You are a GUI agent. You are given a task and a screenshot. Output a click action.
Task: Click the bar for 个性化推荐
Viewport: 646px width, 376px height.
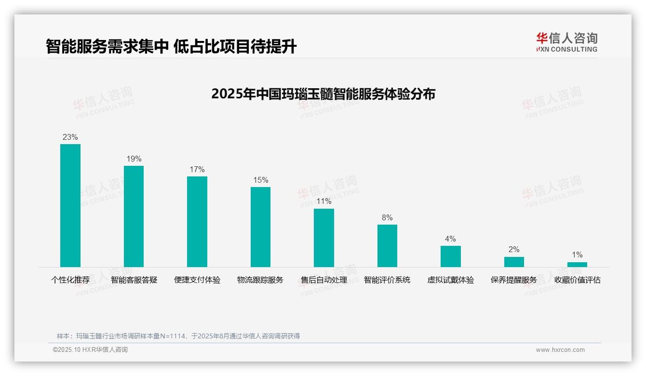(70, 205)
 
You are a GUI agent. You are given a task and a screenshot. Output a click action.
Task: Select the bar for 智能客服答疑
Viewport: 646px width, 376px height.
(134, 216)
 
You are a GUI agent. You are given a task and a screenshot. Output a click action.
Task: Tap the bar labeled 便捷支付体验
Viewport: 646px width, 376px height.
(197, 221)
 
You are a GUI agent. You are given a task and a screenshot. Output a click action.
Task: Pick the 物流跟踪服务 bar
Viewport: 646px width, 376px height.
(260, 227)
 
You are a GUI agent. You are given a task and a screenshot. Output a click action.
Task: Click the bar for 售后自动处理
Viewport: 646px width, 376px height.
(324, 238)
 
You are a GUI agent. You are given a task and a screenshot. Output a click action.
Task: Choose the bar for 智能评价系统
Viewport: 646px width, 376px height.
(387, 245)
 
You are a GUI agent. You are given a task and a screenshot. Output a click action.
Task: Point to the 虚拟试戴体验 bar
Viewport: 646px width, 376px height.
(451, 256)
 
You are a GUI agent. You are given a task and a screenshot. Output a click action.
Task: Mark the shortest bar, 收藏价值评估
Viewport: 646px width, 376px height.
(577, 264)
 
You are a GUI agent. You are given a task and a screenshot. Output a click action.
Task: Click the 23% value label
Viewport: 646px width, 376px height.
(70, 137)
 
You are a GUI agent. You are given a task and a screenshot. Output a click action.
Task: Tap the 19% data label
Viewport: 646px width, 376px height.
(134, 159)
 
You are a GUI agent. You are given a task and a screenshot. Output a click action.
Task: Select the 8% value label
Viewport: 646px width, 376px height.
(387, 217)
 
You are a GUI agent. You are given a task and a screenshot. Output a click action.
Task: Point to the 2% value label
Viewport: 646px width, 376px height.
(514, 249)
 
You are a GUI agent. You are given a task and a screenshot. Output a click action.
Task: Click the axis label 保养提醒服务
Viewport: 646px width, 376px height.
(514, 280)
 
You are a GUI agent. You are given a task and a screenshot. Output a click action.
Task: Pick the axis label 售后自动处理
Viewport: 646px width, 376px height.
(324, 280)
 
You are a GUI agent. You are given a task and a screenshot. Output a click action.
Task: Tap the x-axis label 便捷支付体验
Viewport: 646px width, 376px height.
(197, 280)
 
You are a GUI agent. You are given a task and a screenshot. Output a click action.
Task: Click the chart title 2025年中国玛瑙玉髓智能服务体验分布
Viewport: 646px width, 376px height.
(323, 94)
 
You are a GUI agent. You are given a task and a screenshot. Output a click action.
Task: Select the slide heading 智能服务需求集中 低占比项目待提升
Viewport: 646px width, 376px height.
(171, 46)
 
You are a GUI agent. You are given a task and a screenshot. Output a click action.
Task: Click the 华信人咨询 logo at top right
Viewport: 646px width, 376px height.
(566, 42)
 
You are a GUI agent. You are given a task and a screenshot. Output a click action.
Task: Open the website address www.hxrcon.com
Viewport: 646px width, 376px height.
(560, 350)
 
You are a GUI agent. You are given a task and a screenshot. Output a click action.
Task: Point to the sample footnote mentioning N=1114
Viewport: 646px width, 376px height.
(178, 336)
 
